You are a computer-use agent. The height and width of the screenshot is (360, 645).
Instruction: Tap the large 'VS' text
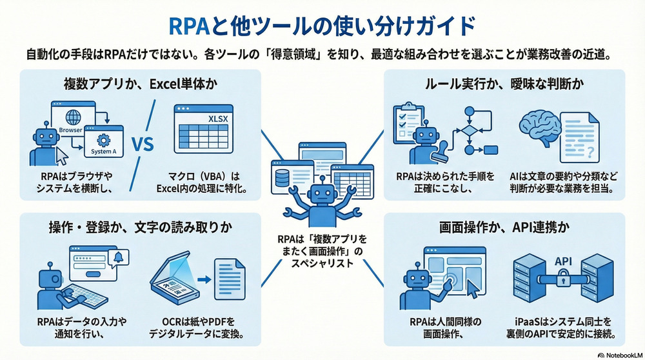coord(142,144)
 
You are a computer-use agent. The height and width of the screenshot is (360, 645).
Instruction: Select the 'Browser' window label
coord(70,130)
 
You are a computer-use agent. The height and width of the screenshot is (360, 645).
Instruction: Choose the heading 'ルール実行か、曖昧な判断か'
coord(504,84)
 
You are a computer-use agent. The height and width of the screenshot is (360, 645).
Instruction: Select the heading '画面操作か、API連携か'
coord(504,229)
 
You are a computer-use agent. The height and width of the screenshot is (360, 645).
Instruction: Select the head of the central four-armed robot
coord(321,194)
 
